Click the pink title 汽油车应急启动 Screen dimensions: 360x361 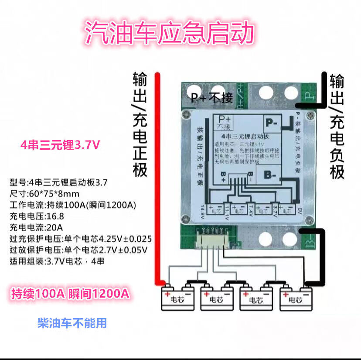pyautogui.click(x=170, y=33)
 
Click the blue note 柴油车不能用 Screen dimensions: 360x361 pyautogui.click(x=72, y=323)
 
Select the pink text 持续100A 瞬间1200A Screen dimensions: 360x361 pyautogui.click(x=70, y=293)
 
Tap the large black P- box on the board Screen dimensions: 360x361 pyautogui.click(x=272, y=123)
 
